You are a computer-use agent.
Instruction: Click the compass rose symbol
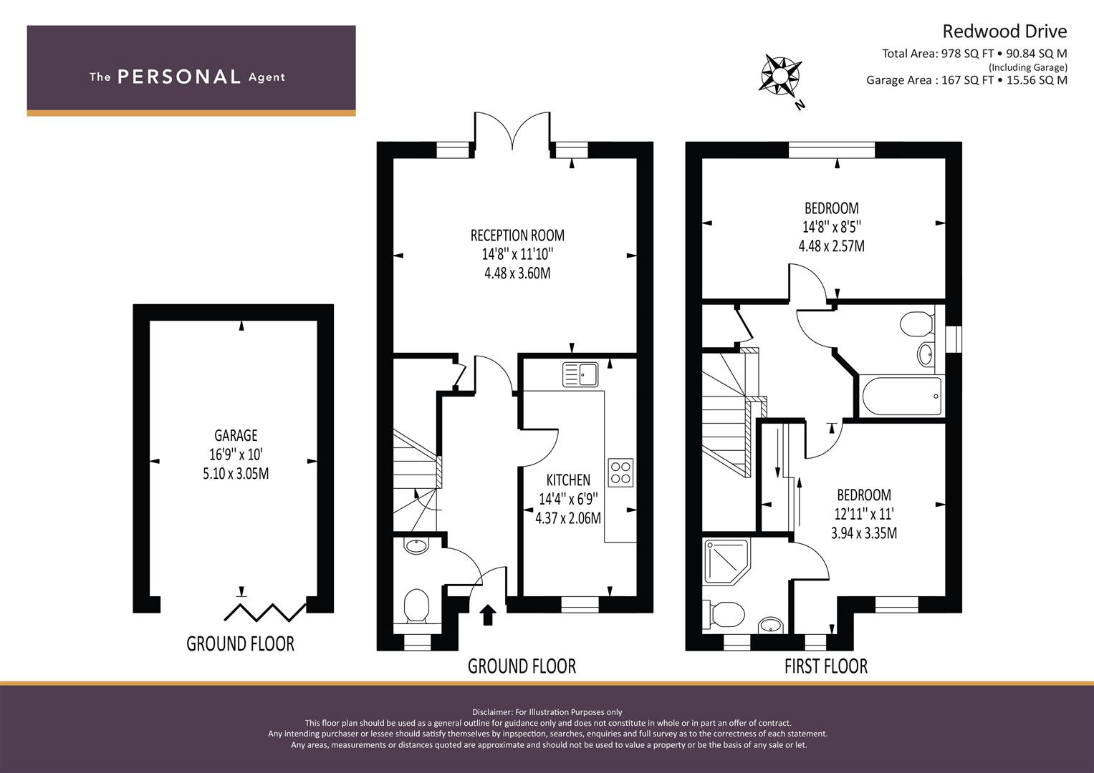pos(780,76)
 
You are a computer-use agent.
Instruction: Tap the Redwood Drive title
pos(1004,31)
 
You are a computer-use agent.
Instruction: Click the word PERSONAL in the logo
pos(179,77)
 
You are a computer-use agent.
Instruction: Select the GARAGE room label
pos(236,435)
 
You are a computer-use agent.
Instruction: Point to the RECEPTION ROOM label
pos(517,235)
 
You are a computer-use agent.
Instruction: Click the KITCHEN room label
pos(568,480)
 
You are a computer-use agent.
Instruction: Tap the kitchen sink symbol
pos(580,375)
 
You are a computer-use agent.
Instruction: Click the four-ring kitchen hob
pos(620,472)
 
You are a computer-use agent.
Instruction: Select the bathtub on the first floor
pos(901,396)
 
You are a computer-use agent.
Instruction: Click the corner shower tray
pos(726,561)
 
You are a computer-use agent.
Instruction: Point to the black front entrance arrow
pos(489,615)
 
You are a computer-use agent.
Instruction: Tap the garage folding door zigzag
pos(265,612)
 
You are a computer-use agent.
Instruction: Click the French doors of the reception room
pos(512,130)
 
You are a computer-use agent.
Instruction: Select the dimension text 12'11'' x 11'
pos(864,514)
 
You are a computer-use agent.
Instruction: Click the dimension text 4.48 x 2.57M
pos(831,246)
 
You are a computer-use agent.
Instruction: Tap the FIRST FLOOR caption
pos(826,666)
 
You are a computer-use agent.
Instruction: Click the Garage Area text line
pos(966,80)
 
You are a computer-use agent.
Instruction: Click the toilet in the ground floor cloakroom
pos(416,606)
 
